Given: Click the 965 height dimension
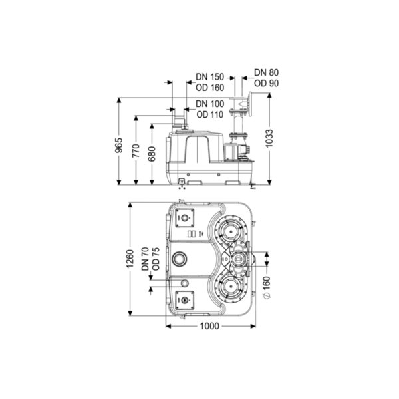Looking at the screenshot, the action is [x=119, y=145].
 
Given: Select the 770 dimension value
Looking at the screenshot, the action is [x=136, y=150].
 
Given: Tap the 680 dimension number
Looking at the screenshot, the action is [x=152, y=154].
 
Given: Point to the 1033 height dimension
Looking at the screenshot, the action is [x=269, y=138].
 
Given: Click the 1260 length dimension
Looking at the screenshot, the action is [x=130, y=259].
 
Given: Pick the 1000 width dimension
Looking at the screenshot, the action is [x=209, y=326].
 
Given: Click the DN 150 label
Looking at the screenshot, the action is [x=209, y=77].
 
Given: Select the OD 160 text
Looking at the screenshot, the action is [x=210, y=88].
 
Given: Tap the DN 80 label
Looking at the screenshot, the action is [x=266, y=72].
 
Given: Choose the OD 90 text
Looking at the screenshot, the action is [x=266, y=84].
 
